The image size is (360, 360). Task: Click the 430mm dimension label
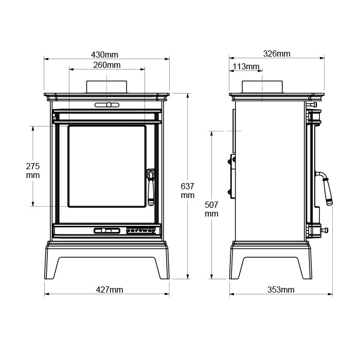[x=104, y=55]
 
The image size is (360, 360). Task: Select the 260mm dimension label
[x=107, y=65]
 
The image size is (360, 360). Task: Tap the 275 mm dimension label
[x=32, y=171]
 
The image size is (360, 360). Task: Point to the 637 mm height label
[x=188, y=191]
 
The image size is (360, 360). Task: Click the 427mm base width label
[x=110, y=290]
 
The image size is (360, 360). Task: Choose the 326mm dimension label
[x=277, y=53]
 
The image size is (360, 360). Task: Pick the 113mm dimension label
[x=246, y=66]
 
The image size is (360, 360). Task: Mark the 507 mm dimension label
[x=211, y=209]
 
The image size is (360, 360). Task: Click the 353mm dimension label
[x=281, y=290]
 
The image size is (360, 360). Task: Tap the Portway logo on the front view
[x=141, y=230]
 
